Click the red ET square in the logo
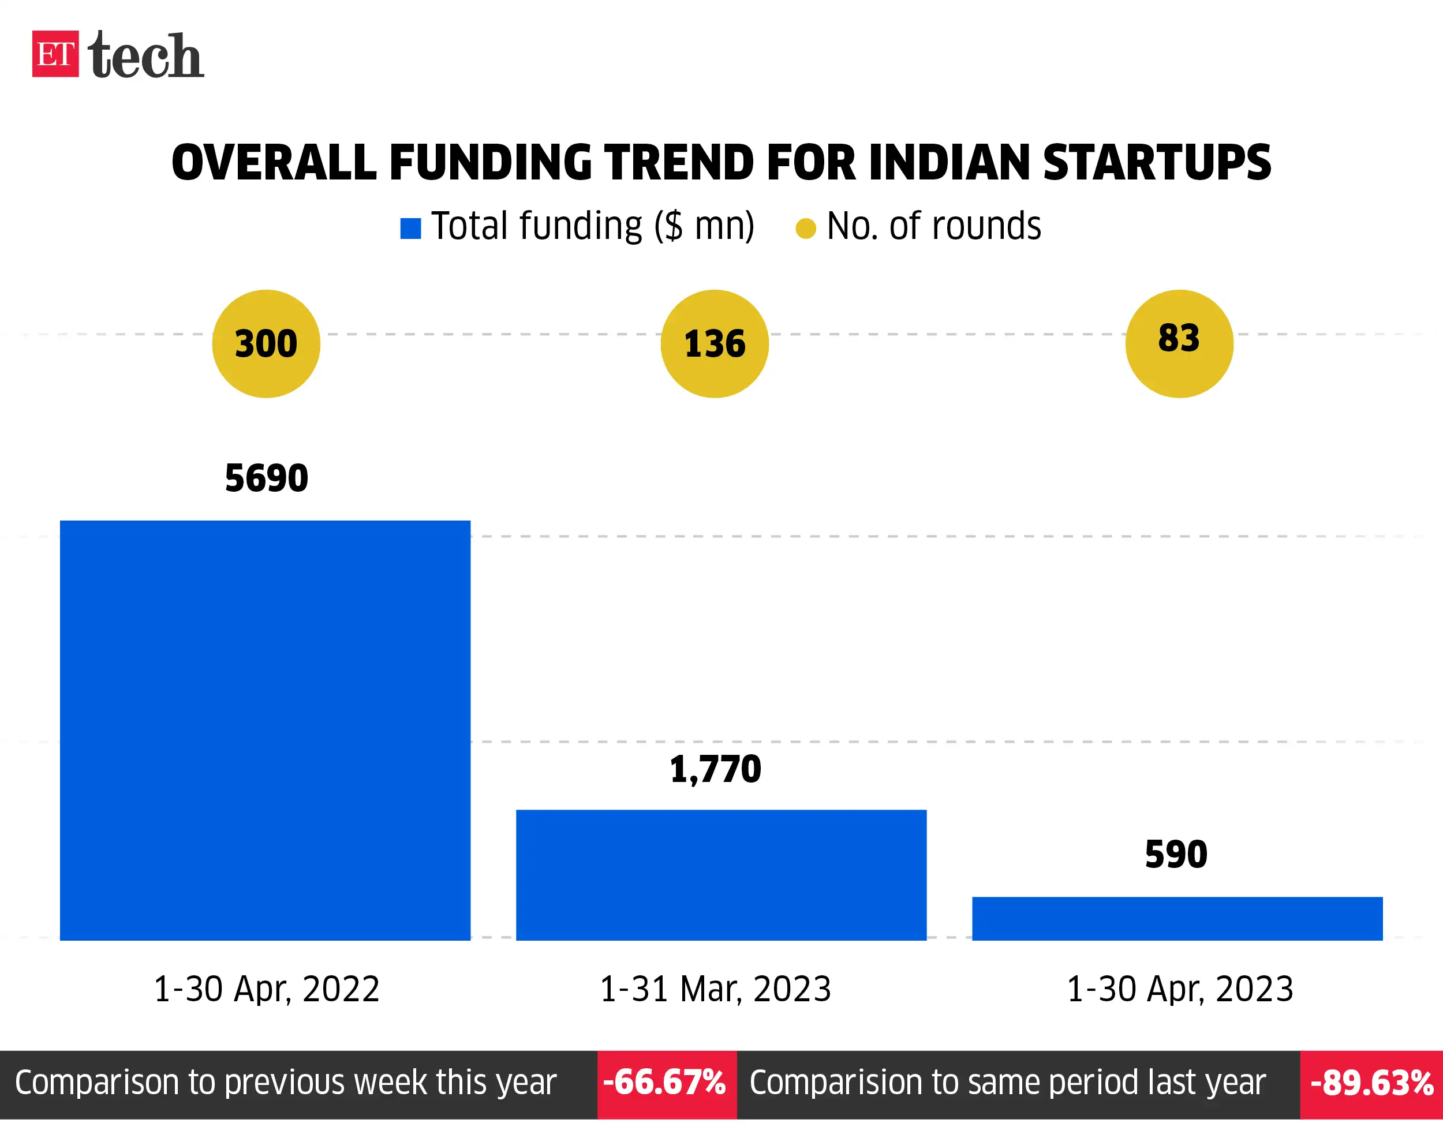coord(55,54)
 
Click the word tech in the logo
coord(145,56)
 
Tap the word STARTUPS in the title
coord(1156,163)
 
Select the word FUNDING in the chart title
coord(490,163)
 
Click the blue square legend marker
coord(410,229)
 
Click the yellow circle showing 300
coord(266,343)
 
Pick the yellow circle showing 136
coord(715,343)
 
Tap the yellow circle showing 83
coord(1179,343)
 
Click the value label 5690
coord(266,478)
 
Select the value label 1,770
coord(715,769)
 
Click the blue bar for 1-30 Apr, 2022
coord(265,731)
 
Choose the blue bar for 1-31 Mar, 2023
coord(721,874)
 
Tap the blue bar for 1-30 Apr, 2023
coord(1177,918)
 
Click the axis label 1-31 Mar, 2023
coord(715,989)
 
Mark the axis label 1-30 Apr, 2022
coord(266,989)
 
